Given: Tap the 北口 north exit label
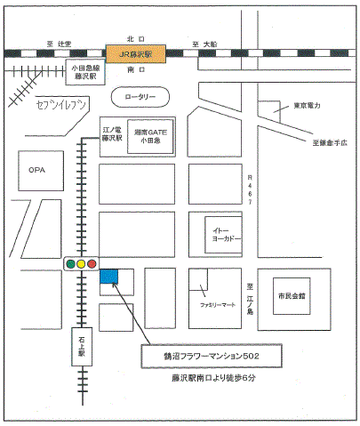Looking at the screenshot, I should [136, 39].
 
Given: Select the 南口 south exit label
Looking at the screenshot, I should [136, 69].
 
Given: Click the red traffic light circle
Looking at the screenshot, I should [92, 263].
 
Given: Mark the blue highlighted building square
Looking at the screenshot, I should [109, 277].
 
